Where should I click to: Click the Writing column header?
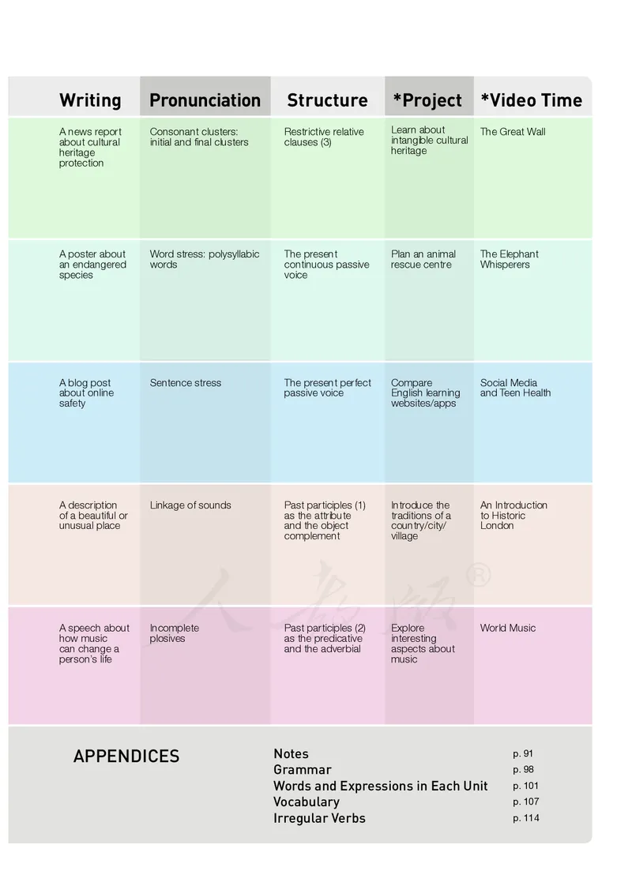pyautogui.click(x=90, y=100)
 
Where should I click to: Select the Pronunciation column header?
pyautogui.click(x=205, y=100)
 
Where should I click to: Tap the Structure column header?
pyautogui.click(x=327, y=100)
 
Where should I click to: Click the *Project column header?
pyautogui.click(x=427, y=100)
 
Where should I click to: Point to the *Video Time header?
pyautogui.click(x=531, y=100)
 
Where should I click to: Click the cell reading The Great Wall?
pyautogui.click(x=513, y=132)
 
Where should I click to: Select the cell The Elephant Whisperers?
pyautogui.click(x=510, y=259)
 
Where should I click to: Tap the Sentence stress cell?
pyautogui.click(x=186, y=383)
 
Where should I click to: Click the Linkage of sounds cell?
pyautogui.click(x=190, y=505)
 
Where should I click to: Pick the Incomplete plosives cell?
pyautogui.click(x=175, y=633)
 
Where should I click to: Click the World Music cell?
pyautogui.click(x=508, y=629)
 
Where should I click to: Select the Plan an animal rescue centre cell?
pyautogui.click(x=423, y=259)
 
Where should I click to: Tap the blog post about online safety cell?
pyautogui.click(x=86, y=393)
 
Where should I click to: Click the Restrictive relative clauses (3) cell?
pyautogui.click(x=324, y=137)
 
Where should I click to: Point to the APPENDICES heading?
pyautogui.click(x=126, y=756)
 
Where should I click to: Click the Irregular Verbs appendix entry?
pyautogui.click(x=319, y=818)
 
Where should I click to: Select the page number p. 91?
pyautogui.click(x=523, y=754)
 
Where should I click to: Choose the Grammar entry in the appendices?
pyautogui.click(x=303, y=770)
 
